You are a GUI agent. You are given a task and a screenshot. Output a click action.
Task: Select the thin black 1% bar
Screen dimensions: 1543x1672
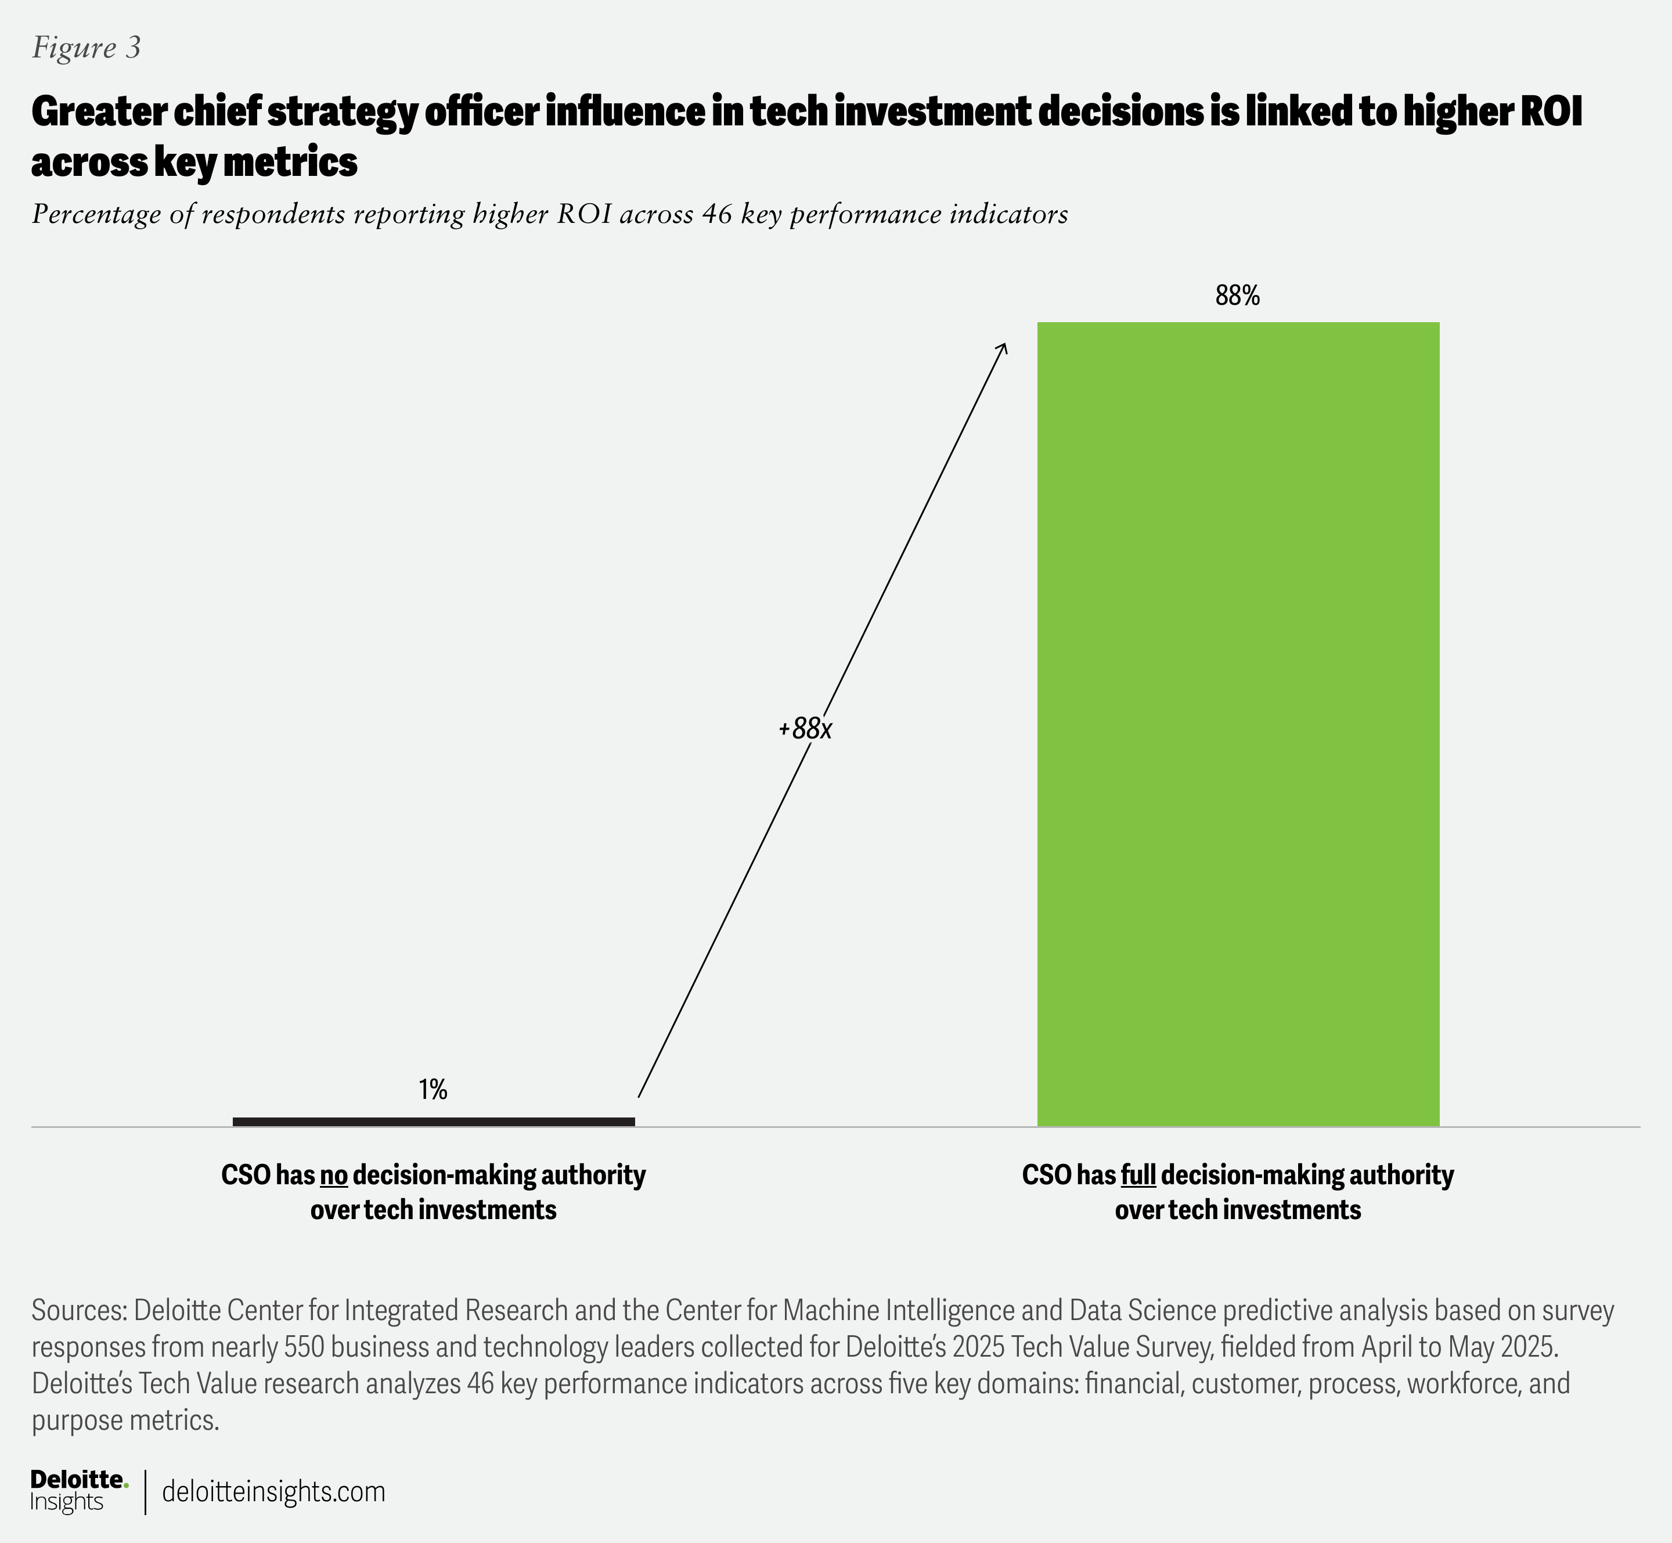pos(434,1122)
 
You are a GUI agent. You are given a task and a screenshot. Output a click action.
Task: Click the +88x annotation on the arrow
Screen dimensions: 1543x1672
pos(806,729)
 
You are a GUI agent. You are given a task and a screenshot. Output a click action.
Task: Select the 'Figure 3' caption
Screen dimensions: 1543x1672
pos(86,48)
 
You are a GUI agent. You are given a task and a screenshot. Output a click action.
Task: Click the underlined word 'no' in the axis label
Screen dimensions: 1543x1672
pos(333,1175)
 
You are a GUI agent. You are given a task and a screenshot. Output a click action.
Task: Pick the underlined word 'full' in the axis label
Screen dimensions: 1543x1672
pos(1137,1175)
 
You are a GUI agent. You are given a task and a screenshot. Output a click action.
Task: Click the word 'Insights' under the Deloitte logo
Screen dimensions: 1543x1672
pos(67,1502)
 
